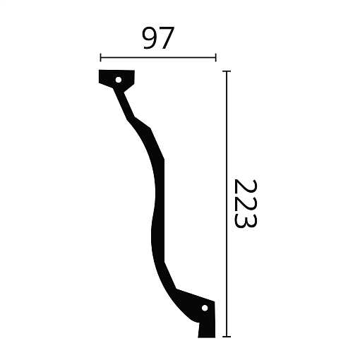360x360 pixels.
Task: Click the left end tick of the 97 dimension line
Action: pyautogui.click(x=101, y=58)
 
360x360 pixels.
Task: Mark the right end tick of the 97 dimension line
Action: pyautogui.click(x=215, y=58)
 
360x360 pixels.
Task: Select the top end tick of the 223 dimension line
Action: pyautogui.click(x=227, y=71)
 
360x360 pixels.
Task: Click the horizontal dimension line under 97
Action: pyautogui.click(x=158, y=58)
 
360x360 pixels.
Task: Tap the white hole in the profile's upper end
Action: pyautogui.click(x=119, y=78)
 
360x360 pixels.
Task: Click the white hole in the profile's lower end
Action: pyautogui.click(x=205, y=308)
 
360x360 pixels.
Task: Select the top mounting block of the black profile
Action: pyautogui.click(x=117, y=79)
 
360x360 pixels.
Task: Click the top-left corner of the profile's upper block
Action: pyautogui.click(x=100, y=72)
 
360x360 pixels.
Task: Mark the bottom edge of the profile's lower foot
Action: pyautogui.click(x=206, y=337)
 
